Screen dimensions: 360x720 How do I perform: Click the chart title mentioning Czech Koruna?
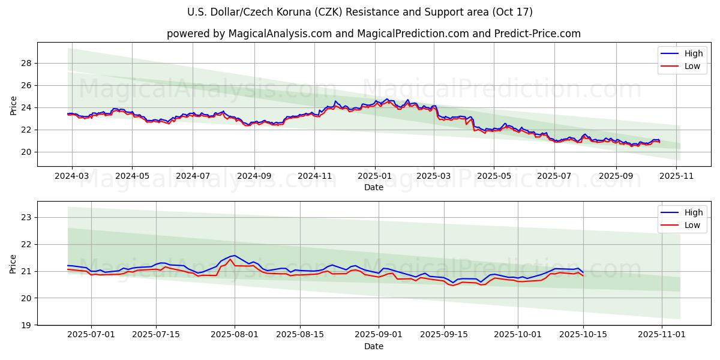[x=359, y=12]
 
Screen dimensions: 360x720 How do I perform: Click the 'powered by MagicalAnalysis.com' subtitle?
[x=373, y=34]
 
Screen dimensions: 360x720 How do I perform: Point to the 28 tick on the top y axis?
[x=26, y=63]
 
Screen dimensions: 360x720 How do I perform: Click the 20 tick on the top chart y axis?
[x=26, y=152]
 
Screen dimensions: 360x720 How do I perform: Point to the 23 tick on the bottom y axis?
[x=26, y=217]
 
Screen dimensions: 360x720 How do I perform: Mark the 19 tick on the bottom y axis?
[x=26, y=325]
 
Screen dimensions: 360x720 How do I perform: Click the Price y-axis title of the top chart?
[x=14, y=105]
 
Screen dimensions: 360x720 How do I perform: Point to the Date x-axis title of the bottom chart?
[x=373, y=346]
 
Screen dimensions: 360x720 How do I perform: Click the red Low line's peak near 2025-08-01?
[x=230, y=259]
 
